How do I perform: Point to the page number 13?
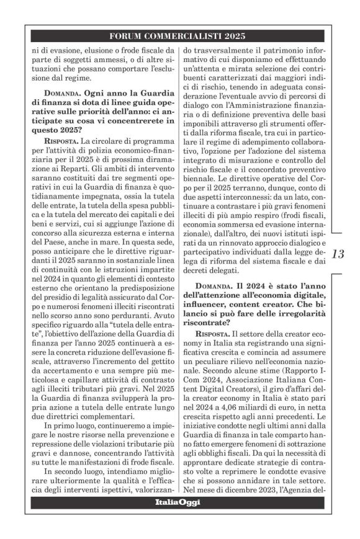tap(340, 254)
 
